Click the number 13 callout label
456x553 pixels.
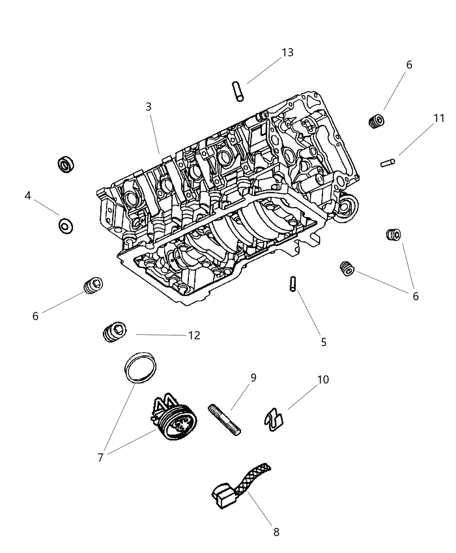[287, 53]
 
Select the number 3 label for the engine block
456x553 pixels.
[149, 107]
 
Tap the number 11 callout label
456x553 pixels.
[439, 118]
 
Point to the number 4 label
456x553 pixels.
[28, 196]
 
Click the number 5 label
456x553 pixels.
[324, 342]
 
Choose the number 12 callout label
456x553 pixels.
[194, 335]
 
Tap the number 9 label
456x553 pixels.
[253, 377]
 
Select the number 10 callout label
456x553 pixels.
[323, 380]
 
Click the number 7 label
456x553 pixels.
[100, 458]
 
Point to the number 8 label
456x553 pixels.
[276, 532]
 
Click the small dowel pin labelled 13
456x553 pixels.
[239, 91]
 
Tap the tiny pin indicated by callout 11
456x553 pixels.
[388, 163]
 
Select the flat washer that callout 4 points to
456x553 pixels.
[66, 226]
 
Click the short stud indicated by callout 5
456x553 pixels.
[292, 284]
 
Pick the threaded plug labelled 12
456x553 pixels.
[114, 333]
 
